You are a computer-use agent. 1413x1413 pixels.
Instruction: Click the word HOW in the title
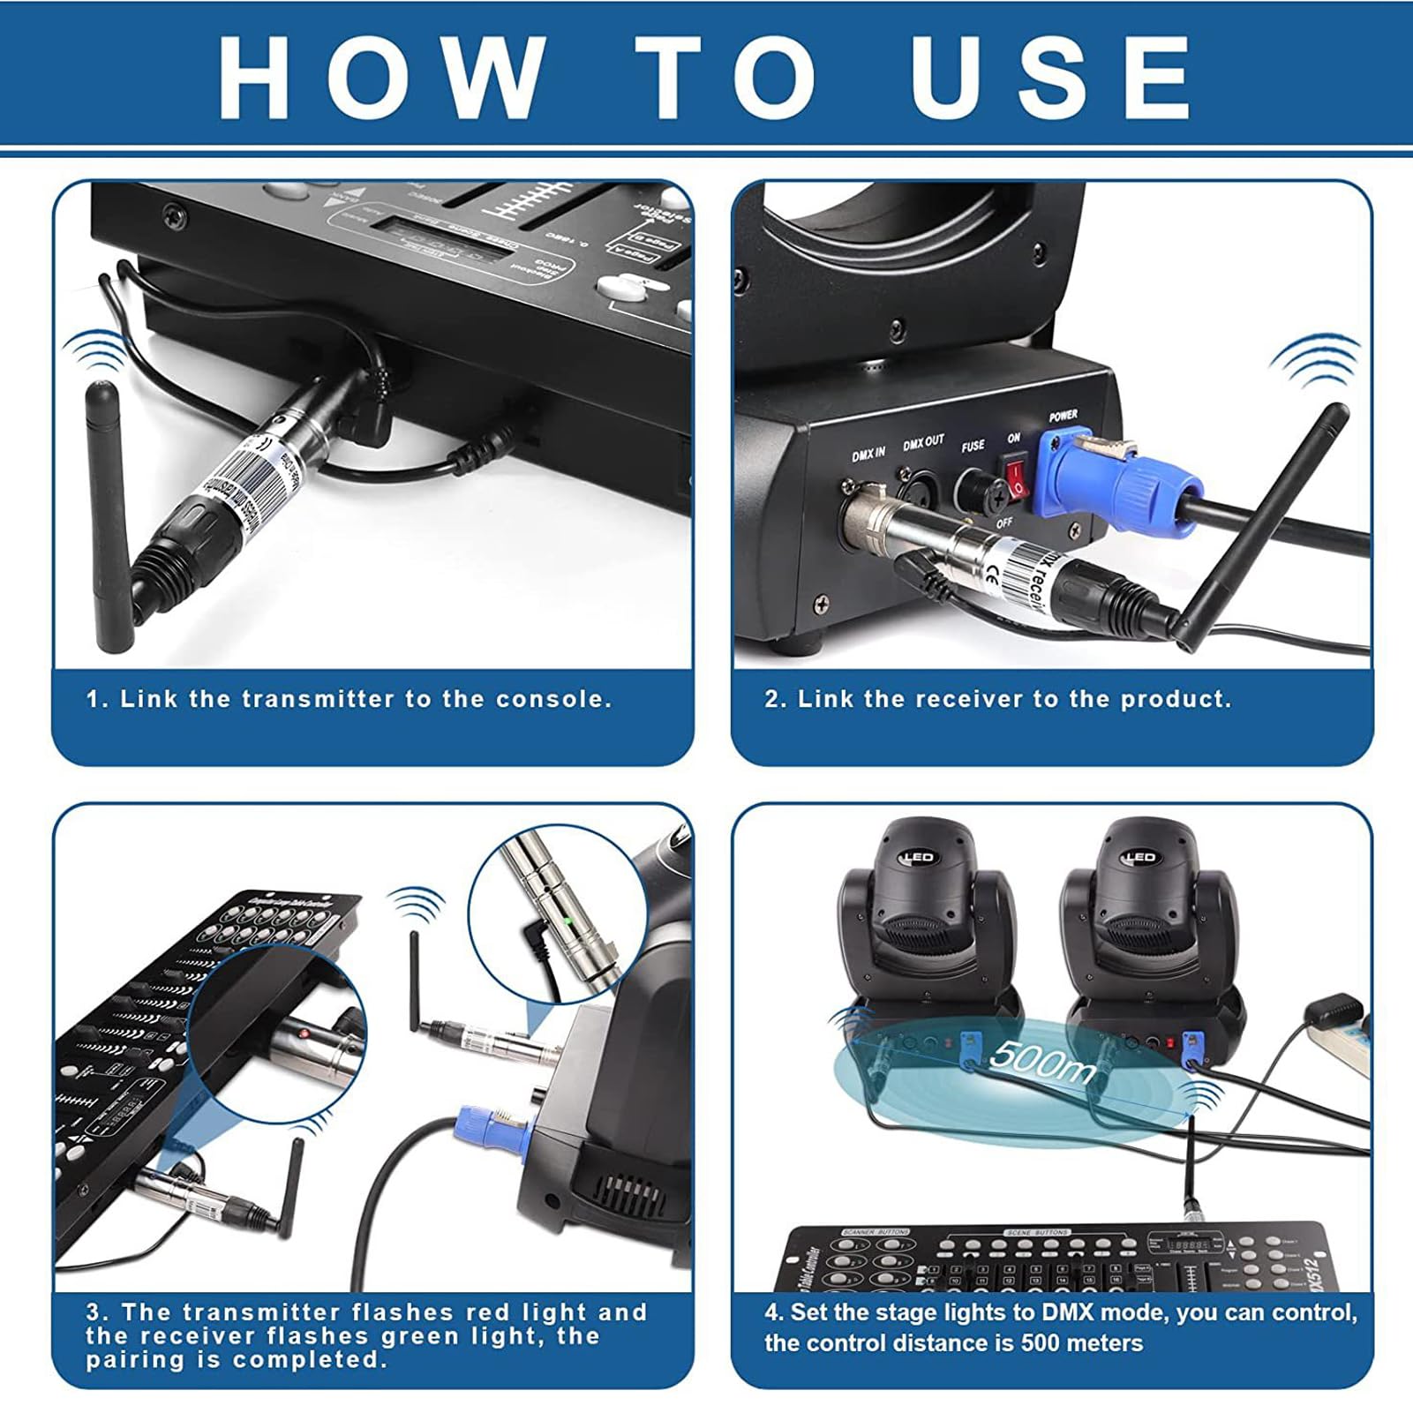point(380,77)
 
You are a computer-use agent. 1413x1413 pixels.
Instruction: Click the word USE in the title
point(1050,77)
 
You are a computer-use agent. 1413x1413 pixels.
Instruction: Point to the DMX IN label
point(868,454)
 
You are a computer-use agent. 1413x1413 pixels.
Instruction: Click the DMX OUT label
point(923,442)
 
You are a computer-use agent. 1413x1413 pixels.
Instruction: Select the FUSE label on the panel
point(973,447)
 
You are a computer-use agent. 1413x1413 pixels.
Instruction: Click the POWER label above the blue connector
point(1063,415)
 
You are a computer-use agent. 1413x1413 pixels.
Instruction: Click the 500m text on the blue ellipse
point(1041,1059)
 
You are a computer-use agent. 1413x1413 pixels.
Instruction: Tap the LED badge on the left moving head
point(918,857)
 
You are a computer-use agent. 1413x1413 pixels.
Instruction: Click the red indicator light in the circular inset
point(303,1032)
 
